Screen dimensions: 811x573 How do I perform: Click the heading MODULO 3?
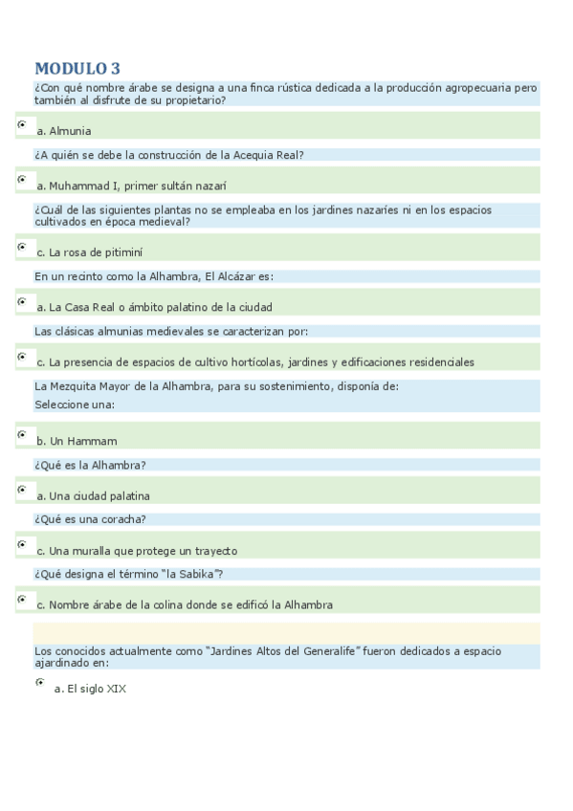pos(77,68)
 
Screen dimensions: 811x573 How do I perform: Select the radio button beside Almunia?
pos(22,124)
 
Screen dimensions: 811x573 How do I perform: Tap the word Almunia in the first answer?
pos(70,131)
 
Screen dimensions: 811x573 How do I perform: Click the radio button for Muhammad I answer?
pos(22,179)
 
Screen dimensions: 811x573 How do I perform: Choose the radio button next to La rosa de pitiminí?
pos(22,247)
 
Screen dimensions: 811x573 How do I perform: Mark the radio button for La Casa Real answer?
pos(22,301)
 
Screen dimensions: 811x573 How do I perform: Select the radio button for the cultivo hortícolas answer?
pos(22,357)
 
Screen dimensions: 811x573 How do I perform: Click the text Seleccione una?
pos(75,405)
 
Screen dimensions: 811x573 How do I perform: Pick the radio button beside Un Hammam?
pos(22,434)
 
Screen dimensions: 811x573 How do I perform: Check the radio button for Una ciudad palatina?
pos(22,490)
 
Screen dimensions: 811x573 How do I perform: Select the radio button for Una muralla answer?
pos(22,544)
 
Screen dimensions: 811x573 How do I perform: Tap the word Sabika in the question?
pos(198,574)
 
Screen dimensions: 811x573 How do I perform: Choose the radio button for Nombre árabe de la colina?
pos(22,600)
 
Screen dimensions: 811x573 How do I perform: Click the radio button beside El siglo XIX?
pos(40,682)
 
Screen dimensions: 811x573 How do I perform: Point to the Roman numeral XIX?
pos(117,689)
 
